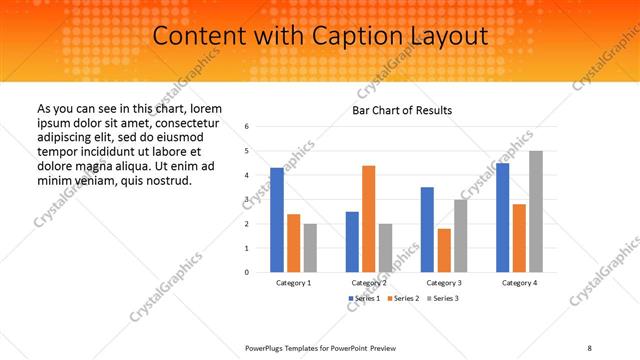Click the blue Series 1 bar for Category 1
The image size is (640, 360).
pos(277,220)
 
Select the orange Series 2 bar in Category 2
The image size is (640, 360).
pos(369,218)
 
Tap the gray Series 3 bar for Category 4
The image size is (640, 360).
pos(536,211)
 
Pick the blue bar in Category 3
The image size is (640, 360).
pos(427,229)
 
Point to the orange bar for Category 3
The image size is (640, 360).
pos(444,250)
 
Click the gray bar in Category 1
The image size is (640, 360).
pos(310,247)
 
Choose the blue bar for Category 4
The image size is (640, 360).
pos(503,217)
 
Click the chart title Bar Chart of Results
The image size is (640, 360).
pos(402,110)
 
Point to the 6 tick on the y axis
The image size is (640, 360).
pos(246,127)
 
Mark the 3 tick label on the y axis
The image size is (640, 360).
pos(246,199)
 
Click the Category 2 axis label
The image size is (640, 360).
pos(369,283)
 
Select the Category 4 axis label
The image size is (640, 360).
pos(519,283)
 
